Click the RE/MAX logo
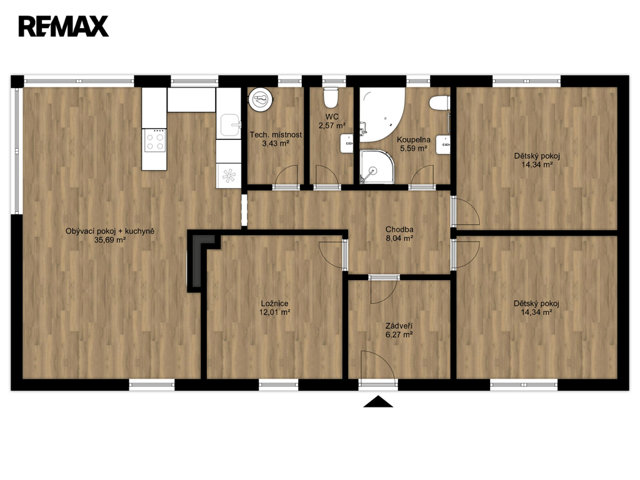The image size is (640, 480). (x=64, y=26)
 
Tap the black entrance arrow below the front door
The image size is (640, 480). (x=378, y=401)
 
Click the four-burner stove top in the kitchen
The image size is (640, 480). (x=154, y=141)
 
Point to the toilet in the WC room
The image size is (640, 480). (x=330, y=96)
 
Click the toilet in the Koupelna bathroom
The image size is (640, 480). (x=439, y=102)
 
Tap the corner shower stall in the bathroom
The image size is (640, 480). (x=377, y=166)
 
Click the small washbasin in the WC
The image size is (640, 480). (x=347, y=144)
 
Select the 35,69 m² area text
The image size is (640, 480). (x=110, y=241)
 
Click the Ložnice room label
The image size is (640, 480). (x=275, y=304)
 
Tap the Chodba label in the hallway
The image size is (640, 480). (x=399, y=229)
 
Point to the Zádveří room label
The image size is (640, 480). (x=399, y=326)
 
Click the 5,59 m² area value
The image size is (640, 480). (x=414, y=149)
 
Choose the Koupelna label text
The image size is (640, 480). (x=414, y=139)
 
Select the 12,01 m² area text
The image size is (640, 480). (x=275, y=312)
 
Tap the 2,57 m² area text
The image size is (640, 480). (x=332, y=126)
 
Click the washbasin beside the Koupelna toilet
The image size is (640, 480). (x=443, y=144)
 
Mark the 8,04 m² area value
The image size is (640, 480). (x=399, y=238)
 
